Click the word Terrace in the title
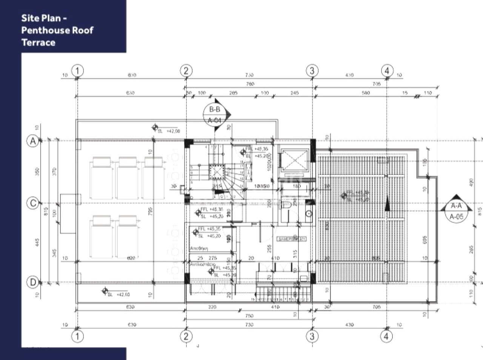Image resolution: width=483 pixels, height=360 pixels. coord(38,42)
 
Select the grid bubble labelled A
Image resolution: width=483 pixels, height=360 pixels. coord(33,141)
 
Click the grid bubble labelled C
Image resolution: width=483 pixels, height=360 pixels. coord(33,203)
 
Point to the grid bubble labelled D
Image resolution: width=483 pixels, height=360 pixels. coord(33,282)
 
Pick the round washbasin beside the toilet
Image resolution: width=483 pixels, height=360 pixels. coord(309,213)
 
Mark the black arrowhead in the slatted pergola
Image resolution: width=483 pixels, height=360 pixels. coord(386,205)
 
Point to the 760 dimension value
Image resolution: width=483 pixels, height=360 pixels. coord(250,84)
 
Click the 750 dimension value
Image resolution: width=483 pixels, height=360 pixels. coord(249,316)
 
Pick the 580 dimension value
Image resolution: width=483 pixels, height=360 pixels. coord(365,93)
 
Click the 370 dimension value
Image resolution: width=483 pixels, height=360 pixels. coord(55,172)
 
